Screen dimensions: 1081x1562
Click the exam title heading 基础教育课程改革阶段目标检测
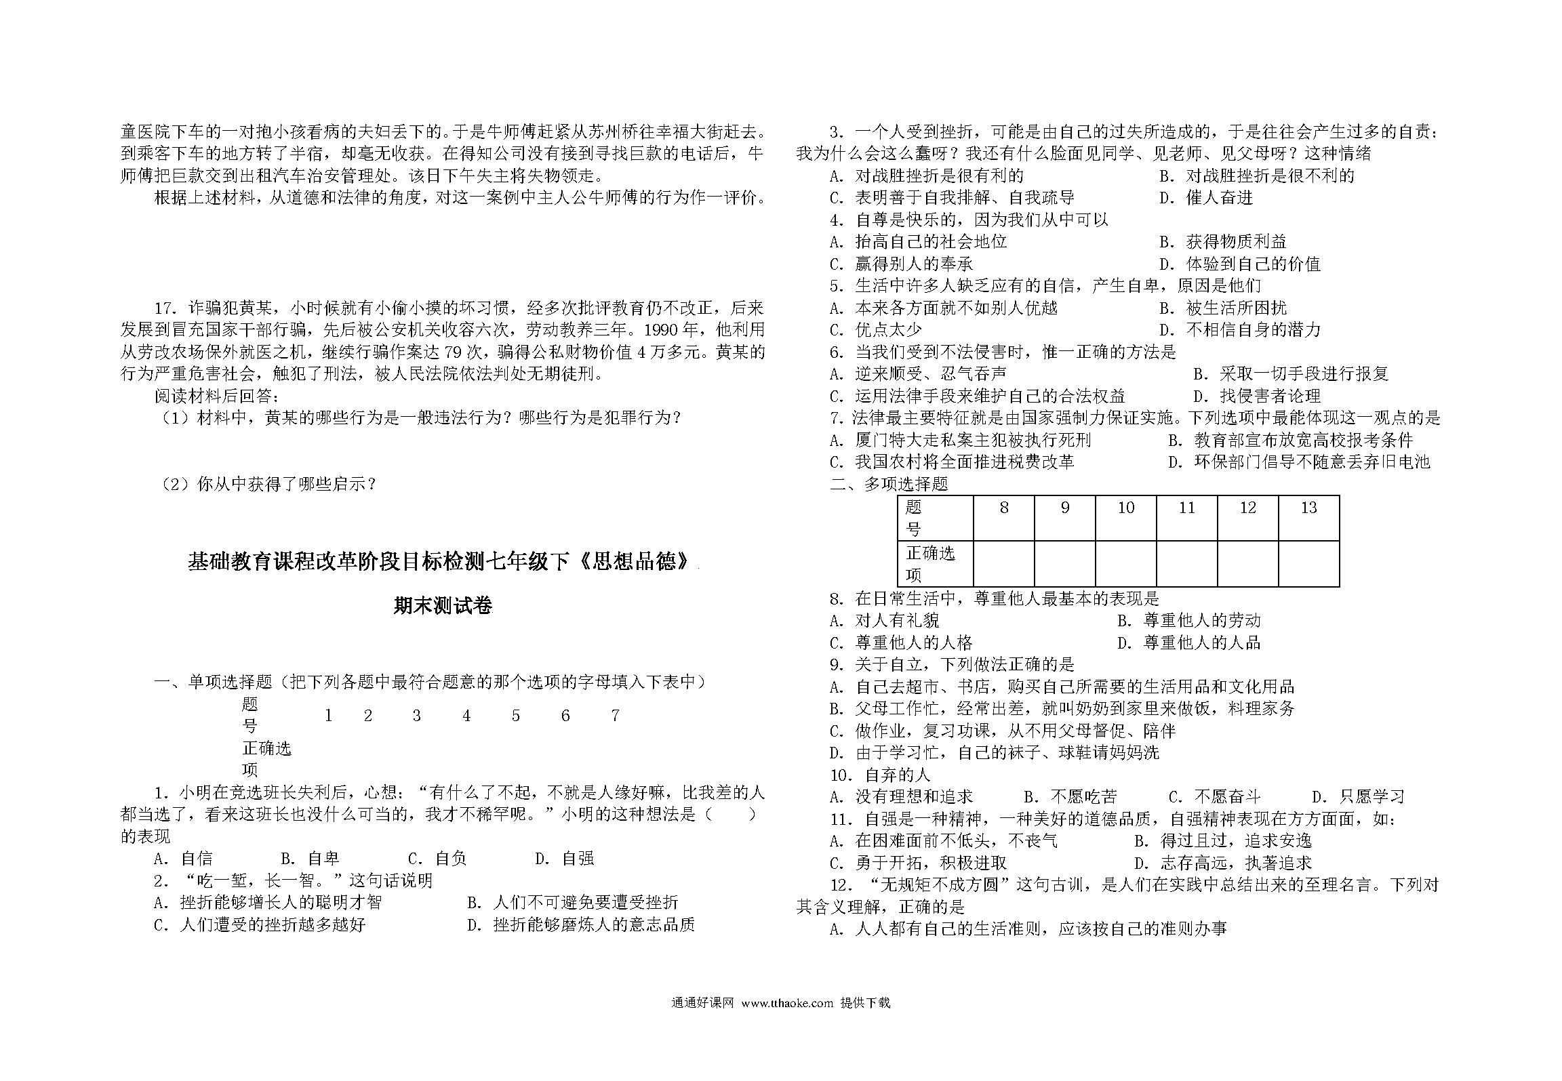click(x=441, y=562)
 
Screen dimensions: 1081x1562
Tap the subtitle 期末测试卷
click(x=443, y=605)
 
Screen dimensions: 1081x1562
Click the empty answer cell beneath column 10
click(x=1125, y=563)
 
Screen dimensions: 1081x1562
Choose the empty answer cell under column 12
click(x=1247, y=563)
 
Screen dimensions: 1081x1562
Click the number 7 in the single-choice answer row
click(x=615, y=716)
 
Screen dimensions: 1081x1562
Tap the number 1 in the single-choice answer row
click(x=328, y=716)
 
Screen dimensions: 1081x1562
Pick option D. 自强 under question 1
click(x=564, y=859)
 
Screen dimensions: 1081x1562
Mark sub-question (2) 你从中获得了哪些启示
click(x=268, y=484)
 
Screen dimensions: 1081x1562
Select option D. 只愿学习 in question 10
click(x=1358, y=797)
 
